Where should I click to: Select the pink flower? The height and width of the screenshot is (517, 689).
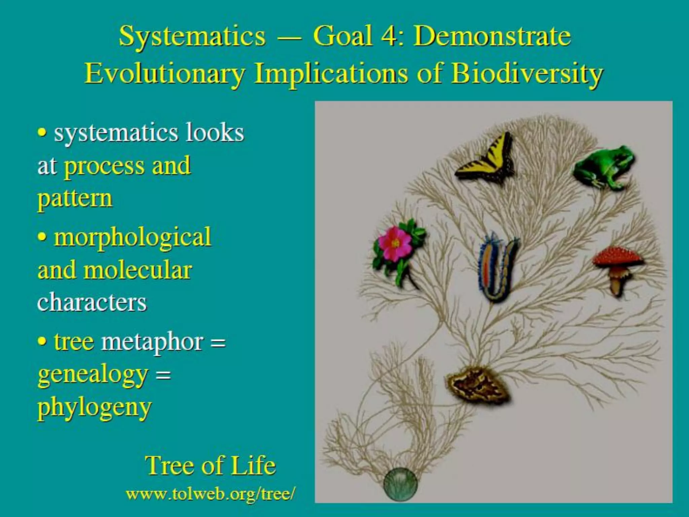[395, 244]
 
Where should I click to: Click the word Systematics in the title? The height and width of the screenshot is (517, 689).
[192, 36]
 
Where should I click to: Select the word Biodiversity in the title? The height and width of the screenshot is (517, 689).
[527, 73]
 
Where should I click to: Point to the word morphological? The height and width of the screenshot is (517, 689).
[133, 238]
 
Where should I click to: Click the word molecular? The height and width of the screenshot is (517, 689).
[138, 270]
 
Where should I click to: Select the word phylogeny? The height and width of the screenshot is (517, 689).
[95, 408]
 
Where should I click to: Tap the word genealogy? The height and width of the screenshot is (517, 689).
[93, 375]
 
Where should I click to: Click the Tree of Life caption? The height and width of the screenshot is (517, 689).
[211, 466]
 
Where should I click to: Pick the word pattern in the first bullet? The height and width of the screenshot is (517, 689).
[75, 199]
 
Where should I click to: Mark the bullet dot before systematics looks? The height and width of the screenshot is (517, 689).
[42, 133]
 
